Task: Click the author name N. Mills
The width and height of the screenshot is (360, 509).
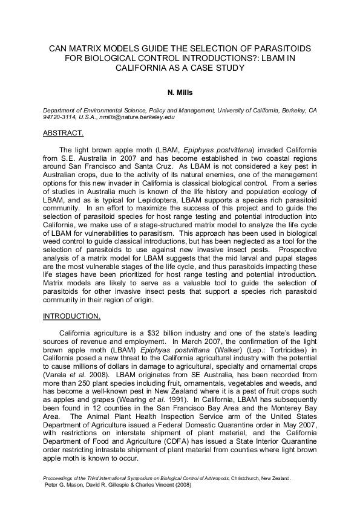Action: coord(180,94)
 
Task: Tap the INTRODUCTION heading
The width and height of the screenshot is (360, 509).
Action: coord(72,316)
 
